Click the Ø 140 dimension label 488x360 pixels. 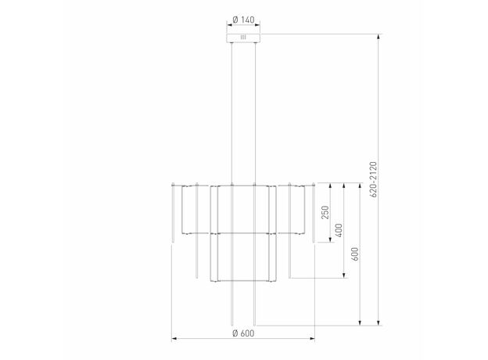pyautogui.click(x=243, y=20)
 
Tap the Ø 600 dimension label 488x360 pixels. pyautogui.click(x=243, y=333)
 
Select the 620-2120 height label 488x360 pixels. pyautogui.click(x=374, y=179)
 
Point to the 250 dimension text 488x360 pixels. pyautogui.click(x=325, y=212)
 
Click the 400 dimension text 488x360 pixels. pyautogui.click(x=339, y=230)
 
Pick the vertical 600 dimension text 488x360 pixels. pyautogui.click(x=355, y=254)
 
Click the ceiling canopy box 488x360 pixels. pyautogui.click(x=243, y=38)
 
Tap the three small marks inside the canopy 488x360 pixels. pyautogui.click(x=243, y=38)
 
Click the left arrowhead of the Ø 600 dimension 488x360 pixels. pyautogui.click(x=174, y=339)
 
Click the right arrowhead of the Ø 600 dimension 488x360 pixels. pyautogui.click(x=312, y=339)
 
